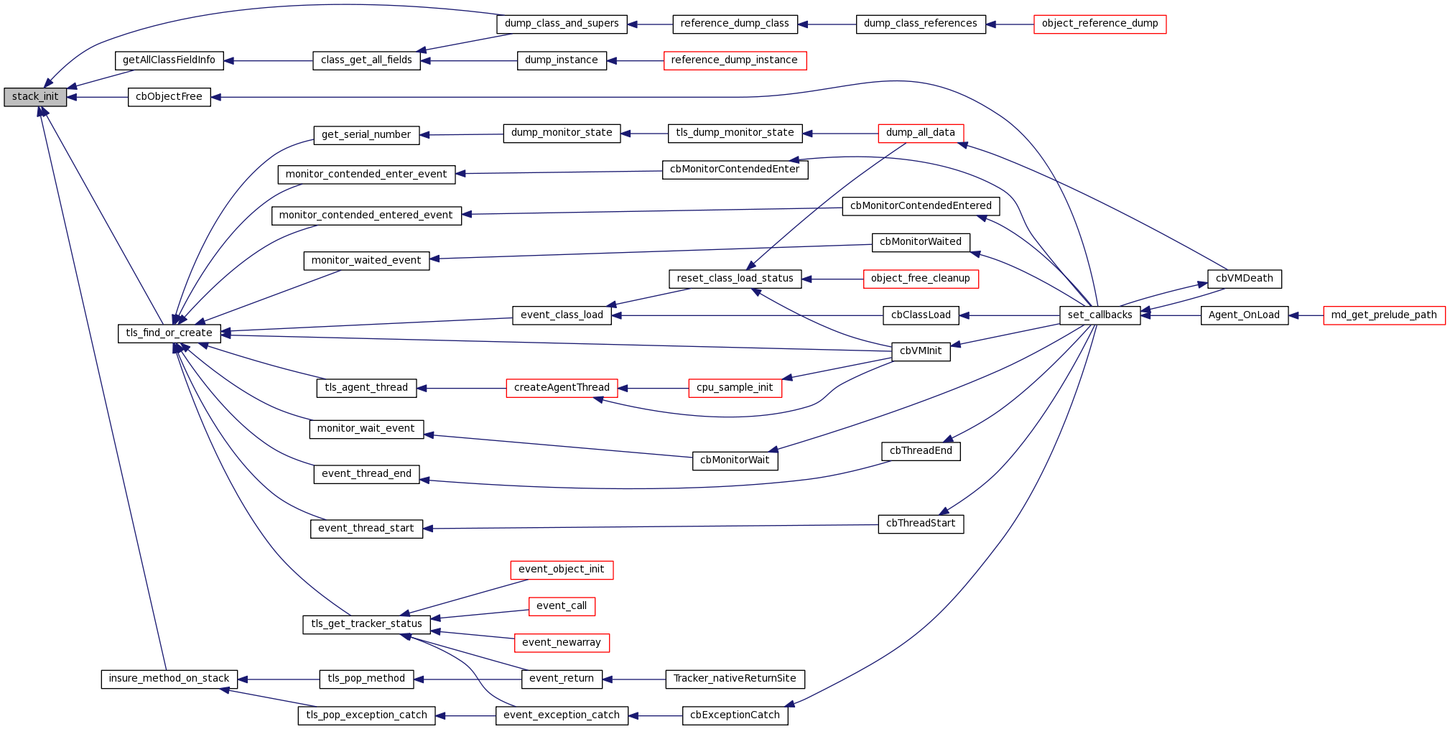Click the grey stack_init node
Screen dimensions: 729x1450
click(x=35, y=97)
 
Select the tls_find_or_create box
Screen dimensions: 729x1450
click(x=169, y=333)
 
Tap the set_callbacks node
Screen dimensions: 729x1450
click(x=1100, y=315)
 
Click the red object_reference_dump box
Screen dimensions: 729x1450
click(x=1100, y=24)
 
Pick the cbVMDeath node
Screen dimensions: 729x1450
click(x=1244, y=279)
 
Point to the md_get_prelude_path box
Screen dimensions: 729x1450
click(x=1383, y=315)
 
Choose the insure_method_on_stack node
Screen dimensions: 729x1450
click(x=169, y=679)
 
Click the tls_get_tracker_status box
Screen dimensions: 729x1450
click(x=366, y=624)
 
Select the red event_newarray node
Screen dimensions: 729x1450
click(x=562, y=643)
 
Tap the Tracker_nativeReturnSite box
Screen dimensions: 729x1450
click(x=735, y=679)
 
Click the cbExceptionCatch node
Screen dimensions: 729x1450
click(x=735, y=715)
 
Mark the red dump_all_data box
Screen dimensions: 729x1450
click(x=920, y=133)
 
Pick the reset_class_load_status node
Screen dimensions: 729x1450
click(x=735, y=279)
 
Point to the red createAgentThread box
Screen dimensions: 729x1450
click(x=562, y=388)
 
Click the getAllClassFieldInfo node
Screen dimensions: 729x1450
click(x=169, y=60)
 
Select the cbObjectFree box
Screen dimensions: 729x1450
click(x=169, y=97)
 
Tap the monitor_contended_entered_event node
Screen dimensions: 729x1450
click(x=366, y=215)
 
